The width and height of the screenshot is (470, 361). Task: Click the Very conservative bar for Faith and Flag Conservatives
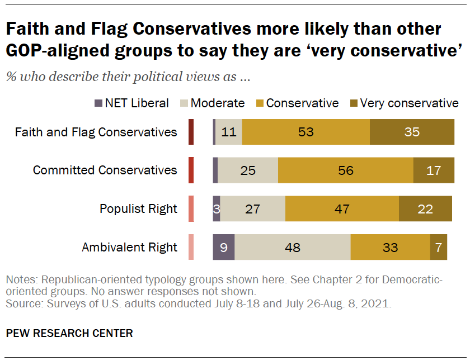(x=412, y=132)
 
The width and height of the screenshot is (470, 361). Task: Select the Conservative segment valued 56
(x=345, y=170)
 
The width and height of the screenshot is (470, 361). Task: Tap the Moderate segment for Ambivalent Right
(x=292, y=247)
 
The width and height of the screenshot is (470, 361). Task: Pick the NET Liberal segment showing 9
(x=223, y=247)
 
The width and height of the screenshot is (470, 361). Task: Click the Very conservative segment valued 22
(x=425, y=209)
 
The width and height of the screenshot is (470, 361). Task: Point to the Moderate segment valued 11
(x=228, y=132)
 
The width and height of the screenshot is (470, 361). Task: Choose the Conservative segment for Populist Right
(x=342, y=209)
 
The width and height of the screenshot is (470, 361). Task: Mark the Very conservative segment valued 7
(x=438, y=247)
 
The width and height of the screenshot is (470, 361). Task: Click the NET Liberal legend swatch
(x=98, y=103)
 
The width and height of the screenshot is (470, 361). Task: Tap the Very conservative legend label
(x=409, y=103)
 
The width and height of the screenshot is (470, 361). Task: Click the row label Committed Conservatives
(x=105, y=170)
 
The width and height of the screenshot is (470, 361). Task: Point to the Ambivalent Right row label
(x=129, y=247)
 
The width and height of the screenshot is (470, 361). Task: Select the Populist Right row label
(x=138, y=209)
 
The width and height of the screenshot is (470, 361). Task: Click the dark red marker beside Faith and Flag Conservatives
(x=191, y=132)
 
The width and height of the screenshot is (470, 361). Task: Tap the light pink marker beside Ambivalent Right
(x=191, y=247)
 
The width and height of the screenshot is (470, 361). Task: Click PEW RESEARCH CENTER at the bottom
(x=69, y=334)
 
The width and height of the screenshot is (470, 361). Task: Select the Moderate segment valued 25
(x=247, y=170)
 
